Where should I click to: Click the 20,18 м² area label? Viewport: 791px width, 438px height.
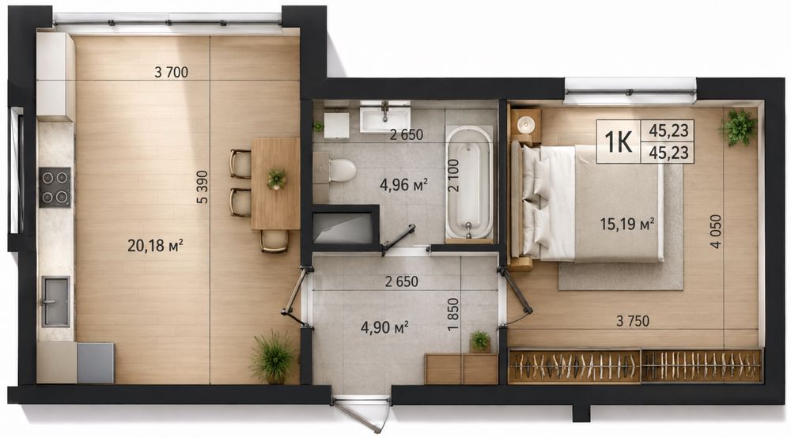pyautogui.click(x=155, y=245)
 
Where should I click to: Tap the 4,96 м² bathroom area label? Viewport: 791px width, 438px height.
pyautogui.click(x=403, y=184)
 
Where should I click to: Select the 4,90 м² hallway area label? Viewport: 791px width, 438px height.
pyautogui.click(x=384, y=327)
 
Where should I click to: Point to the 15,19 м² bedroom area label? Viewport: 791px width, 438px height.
pyautogui.click(x=627, y=223)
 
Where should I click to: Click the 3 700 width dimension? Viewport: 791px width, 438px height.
pyautogui.click(x=171, y=73)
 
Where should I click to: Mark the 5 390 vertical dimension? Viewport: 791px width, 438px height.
pyautogui.click(x=202, y=187)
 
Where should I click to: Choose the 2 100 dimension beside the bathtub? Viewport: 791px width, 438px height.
pyautogui.click(x=453, y=176)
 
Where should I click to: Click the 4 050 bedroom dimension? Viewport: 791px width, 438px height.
pyautogui.click(x=715, y=232)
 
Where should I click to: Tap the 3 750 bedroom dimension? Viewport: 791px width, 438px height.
pyautogui.click(x=633, y=320)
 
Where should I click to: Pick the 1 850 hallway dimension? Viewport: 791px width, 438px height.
pyautogui.click(x=453, y=315)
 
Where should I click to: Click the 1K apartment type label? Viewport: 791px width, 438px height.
pyautogui.click(x=618, y=142)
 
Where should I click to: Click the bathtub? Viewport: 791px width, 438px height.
pyautogui.click(x=468, y=183)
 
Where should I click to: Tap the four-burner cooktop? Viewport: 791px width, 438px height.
pyautogui.click(x=55, y=187)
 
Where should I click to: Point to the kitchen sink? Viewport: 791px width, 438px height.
pyautogui.click(x=55, y=301)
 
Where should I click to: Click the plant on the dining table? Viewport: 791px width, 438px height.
pyautogui.click(x=276, y=179)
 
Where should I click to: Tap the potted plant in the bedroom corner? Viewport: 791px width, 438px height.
pyautogui.click(x=738, y=127)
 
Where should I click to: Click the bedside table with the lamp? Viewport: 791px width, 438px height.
pyautogui.click(x=526, y=123)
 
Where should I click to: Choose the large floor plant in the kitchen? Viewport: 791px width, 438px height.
pyautogui.click(x=274, y=357)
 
